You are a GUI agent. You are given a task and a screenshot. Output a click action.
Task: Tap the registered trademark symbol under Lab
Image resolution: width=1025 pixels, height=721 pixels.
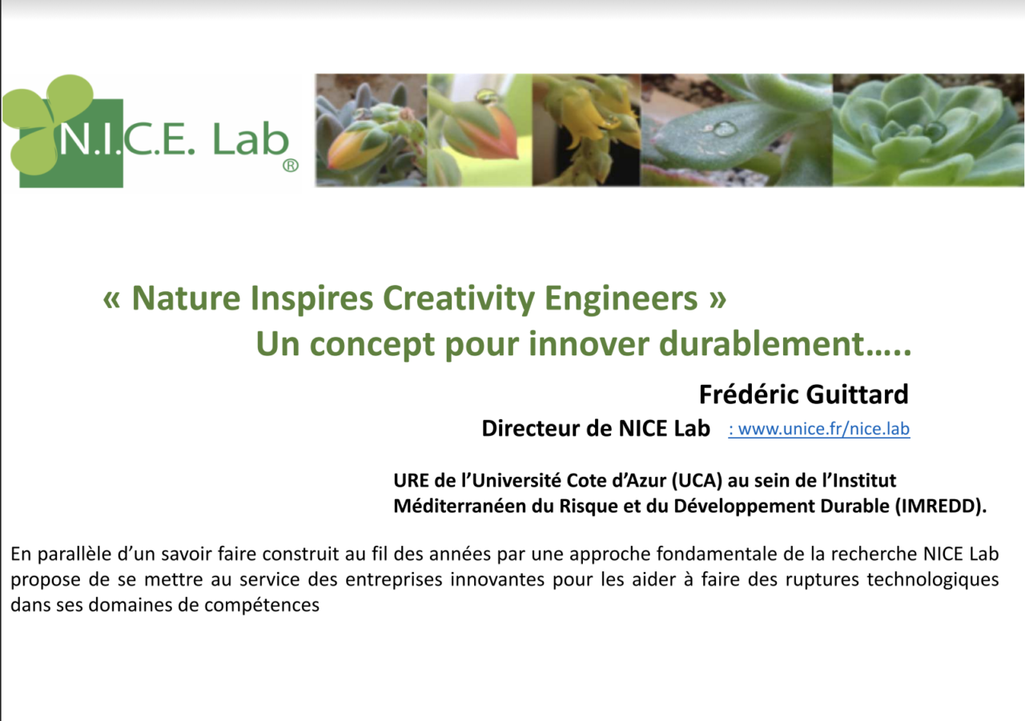[x=291, y=165]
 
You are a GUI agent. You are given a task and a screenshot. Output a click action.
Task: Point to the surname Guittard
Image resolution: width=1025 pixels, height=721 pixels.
[x=857, y=394]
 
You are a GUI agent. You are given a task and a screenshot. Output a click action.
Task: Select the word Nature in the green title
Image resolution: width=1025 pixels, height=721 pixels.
[x=186, y=298]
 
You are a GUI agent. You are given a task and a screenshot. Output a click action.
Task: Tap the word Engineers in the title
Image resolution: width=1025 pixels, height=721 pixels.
[x=621, y=299]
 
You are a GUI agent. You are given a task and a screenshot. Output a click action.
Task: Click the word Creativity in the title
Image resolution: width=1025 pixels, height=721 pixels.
[x=459, y=299]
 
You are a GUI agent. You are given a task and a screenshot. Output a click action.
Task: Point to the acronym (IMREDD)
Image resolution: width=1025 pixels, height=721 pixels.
[x=941, y=506]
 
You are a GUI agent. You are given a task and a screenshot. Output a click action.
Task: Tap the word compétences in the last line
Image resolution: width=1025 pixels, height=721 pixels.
[x=262, y=606]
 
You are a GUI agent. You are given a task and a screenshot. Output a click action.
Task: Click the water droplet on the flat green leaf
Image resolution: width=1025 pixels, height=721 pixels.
[x=725, y=128]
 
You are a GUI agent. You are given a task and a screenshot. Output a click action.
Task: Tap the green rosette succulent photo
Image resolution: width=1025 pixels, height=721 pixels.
[x=928, y=130]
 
